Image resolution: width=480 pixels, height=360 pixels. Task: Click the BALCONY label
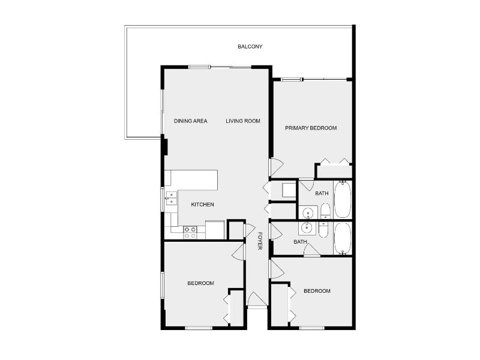click(x=250, y=47)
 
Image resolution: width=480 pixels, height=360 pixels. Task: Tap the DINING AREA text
click(x=191, y=121)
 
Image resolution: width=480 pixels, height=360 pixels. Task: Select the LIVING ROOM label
click(x=243, y=121)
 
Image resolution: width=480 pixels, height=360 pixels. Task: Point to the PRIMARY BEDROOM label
click(x=311, y=128)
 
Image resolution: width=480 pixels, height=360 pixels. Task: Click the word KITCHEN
click(x=203, y=205)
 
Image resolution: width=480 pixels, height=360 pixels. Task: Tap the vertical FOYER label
click(x=260, y=243)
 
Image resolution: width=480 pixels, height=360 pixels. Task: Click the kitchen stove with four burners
click(x=190, y=232)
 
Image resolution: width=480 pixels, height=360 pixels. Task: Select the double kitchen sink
click(x=171, y=198)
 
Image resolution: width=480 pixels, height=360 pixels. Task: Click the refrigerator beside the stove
click(x=214, y=230)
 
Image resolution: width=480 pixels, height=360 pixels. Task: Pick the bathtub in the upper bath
click(x=342, y=199)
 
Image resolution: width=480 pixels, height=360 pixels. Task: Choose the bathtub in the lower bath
click(x=342, y=239)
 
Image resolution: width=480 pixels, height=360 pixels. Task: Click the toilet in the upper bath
click(x=325, y=211)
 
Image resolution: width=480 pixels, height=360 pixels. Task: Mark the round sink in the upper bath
click(x=310, y=212)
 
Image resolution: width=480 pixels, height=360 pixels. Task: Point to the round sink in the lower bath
click(x=308, y=227)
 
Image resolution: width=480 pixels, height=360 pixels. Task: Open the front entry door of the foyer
click(x=257, y=299)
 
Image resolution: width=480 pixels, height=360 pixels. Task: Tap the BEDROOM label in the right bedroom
click(x=317, y=291)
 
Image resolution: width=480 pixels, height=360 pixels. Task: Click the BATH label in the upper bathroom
click(x=322, y=193)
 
